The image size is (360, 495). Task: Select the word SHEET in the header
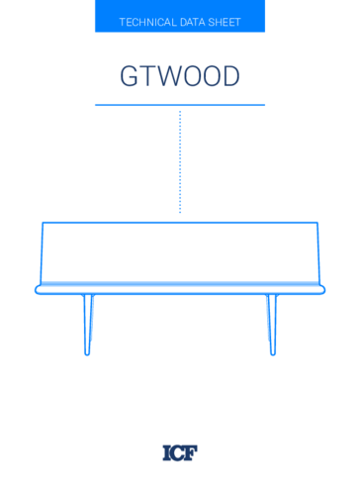[x=225, y=22]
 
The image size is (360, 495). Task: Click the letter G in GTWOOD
[x=130, y=77]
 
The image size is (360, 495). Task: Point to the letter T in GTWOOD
[x=148, y=77]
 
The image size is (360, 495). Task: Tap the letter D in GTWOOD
[x=229, y=77]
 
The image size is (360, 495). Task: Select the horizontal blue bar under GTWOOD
[x=180, y=104]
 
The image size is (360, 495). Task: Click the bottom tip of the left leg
[x=87, y=353]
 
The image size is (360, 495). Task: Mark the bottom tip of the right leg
[x=273, y=353]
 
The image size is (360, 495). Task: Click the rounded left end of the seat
[x=38, y=289]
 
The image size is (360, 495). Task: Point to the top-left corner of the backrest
[x=43, y=223]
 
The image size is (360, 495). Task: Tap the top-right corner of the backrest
[x=316, y=223]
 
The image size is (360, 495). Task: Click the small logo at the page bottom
[x=180, y=452]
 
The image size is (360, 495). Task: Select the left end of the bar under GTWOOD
[x=97, y=104]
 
